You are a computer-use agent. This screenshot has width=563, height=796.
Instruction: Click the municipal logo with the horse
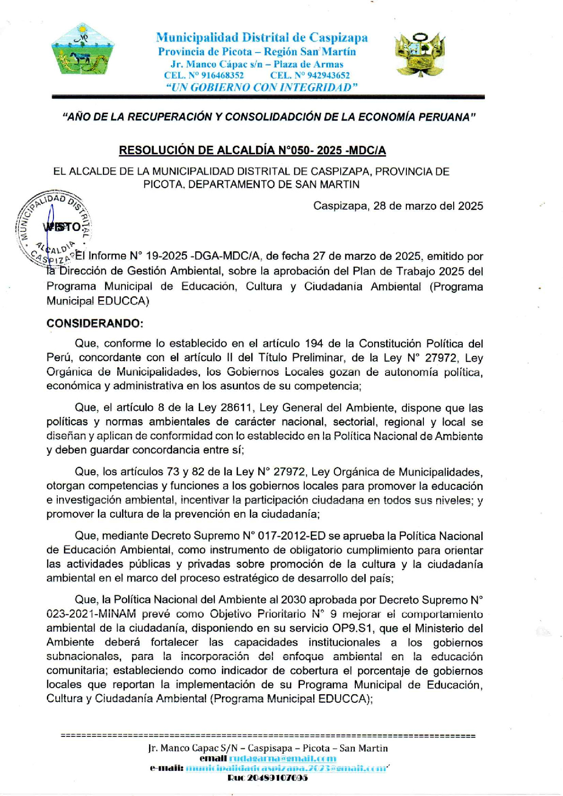(x=83, y=50)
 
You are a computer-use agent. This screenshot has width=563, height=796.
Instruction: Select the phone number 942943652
(x=328, y=75)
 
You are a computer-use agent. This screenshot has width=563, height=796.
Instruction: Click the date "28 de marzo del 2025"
(x=428, y=206)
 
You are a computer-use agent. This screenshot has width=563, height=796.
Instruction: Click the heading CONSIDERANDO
(x=95, y=324)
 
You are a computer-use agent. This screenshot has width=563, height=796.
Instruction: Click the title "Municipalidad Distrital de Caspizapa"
(x=262, y=37)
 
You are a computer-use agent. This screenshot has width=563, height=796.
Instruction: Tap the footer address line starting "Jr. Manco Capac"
(x=268, y=748)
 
